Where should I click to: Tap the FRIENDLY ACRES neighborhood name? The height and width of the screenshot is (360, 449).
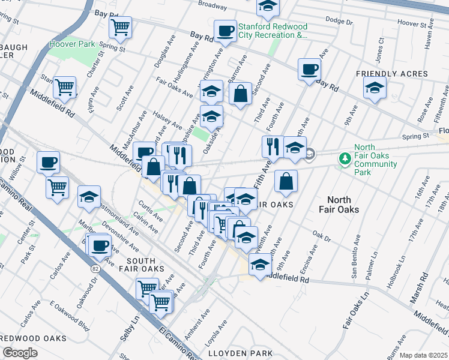pos(391,74)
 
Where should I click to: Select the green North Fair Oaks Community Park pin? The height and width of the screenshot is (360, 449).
pos(345,159)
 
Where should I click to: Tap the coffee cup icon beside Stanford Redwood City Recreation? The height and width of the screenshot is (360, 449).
pos(226,31)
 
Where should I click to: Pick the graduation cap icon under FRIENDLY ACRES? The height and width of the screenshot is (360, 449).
pos(375,89)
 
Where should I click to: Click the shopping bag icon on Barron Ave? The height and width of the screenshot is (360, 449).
pos(240,94)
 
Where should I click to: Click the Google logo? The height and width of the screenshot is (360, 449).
pos(20,352)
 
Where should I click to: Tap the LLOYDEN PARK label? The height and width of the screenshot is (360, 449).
pos(240,353)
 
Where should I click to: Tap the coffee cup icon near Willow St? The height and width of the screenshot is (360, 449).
pos(48,162)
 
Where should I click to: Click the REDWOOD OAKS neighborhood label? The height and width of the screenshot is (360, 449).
pos(33,338)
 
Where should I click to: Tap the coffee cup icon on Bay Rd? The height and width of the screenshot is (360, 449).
pos(310,69)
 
